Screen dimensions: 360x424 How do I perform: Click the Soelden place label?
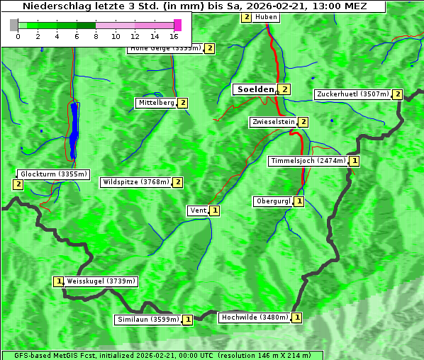[x=255, y=89]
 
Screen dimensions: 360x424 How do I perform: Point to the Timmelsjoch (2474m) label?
[x=308, y=161]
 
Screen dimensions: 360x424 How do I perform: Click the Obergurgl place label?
[x=273, y=201]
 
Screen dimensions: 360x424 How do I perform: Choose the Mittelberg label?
[x=156, y=103]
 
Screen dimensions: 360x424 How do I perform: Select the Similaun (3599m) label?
[x=148, y=320]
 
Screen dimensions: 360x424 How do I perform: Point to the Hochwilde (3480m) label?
[x=254, y=317]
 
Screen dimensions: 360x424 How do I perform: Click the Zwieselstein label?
[x=273, y=122]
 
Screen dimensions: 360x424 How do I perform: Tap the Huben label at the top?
[x=266, y=17]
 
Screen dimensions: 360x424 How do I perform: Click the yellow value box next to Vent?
[x=215, y=210]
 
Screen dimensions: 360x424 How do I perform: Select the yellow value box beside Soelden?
[x=284, y=89]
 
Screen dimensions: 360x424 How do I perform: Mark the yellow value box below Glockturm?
[x=18, y=184]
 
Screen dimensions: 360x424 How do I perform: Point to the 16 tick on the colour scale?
[x=174, y=35]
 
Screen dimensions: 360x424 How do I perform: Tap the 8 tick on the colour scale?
[x=96, y=35]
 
